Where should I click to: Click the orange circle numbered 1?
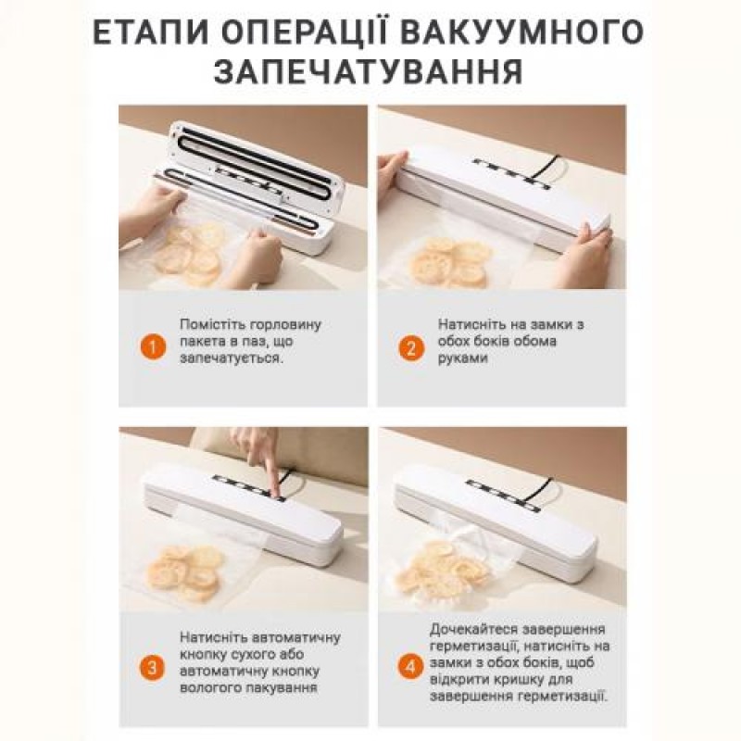(x=149, y=348)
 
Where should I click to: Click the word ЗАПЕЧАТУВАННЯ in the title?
(x=370, y=73)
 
